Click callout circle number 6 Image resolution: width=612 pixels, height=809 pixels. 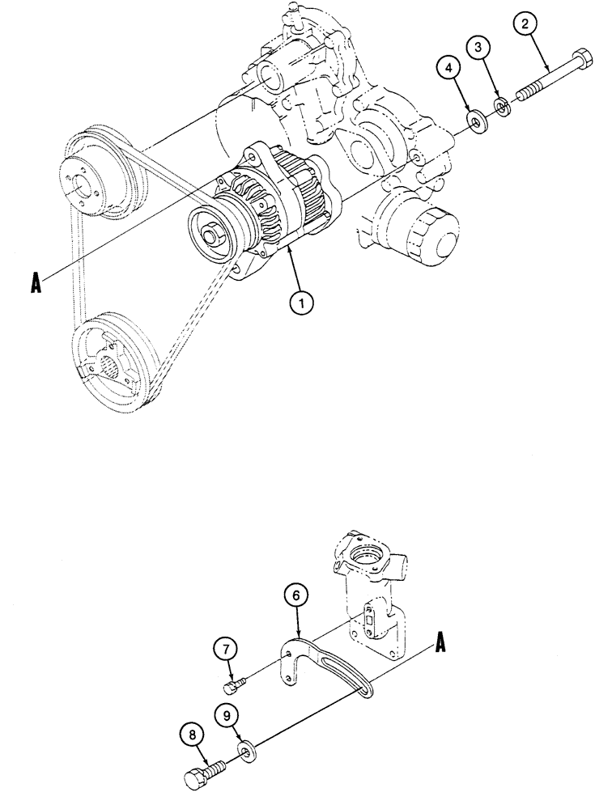point(297,596)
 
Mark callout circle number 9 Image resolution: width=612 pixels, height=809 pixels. point(227,714)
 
